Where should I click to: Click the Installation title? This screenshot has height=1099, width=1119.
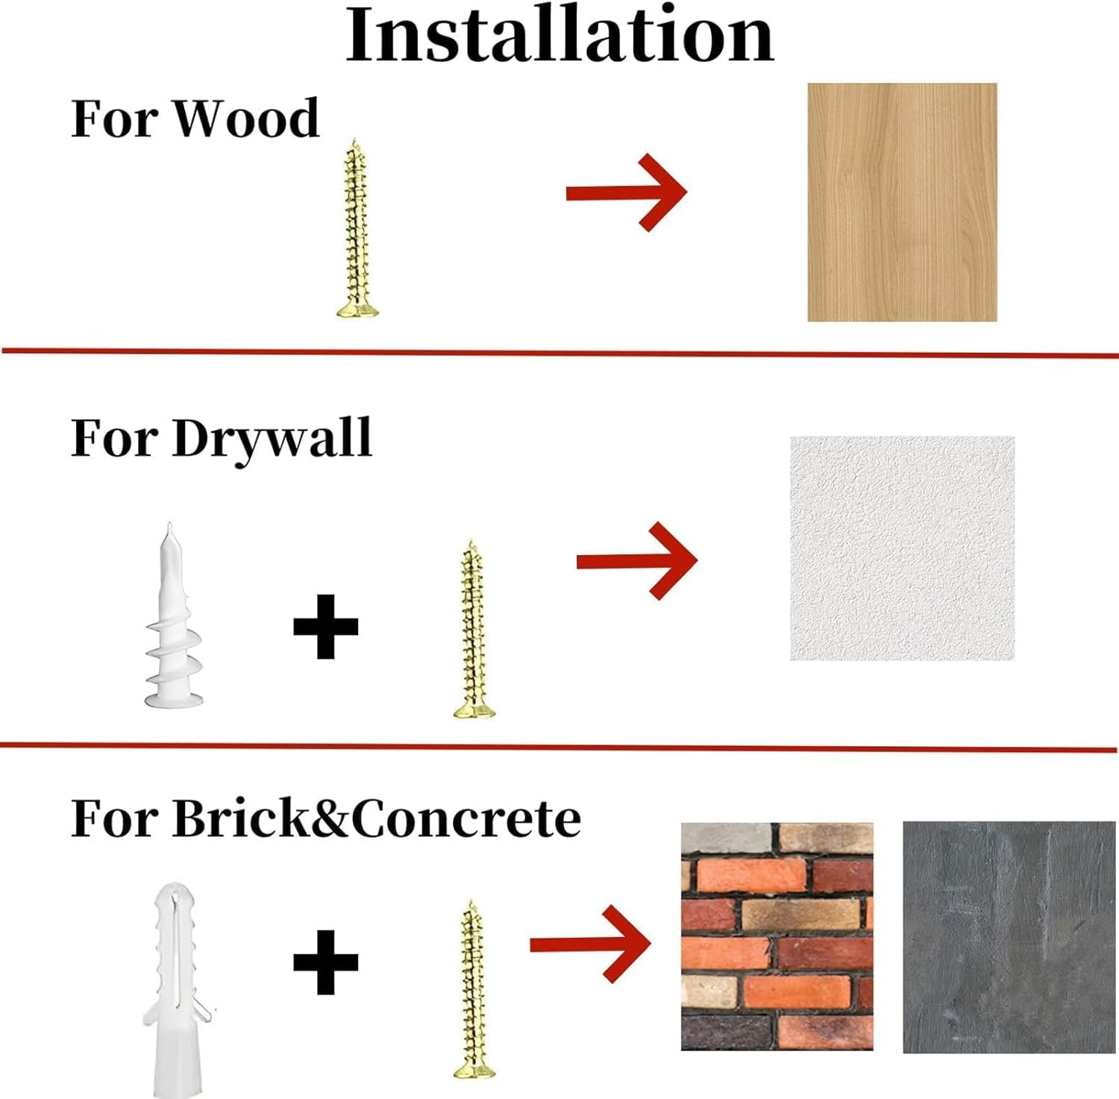[559, 34]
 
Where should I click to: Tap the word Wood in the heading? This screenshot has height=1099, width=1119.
[247, 118]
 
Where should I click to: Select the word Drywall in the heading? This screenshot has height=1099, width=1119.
[272, 439]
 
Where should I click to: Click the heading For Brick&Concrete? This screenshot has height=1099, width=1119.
[326, 818]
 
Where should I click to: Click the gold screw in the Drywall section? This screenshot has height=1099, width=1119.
[474, 628]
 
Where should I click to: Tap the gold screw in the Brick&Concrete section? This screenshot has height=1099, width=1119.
[474, 989]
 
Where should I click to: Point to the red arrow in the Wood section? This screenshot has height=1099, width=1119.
[627, 193]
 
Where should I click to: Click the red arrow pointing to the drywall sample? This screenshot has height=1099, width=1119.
[637, 561]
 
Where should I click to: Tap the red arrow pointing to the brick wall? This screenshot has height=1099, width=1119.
[590, 944]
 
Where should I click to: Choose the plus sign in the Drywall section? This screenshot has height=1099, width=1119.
[326, 627]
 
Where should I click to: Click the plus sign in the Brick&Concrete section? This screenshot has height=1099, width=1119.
[326, 962]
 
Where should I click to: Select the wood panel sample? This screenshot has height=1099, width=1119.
[903, 202]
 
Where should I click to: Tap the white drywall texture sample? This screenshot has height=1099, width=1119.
[903, 548]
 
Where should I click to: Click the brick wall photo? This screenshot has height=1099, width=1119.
[777, 937]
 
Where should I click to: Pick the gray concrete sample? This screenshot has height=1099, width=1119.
[1009, 938]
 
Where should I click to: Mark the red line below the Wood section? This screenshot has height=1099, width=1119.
[559, 353]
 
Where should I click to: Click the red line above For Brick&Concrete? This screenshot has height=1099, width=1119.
[559, 747]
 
